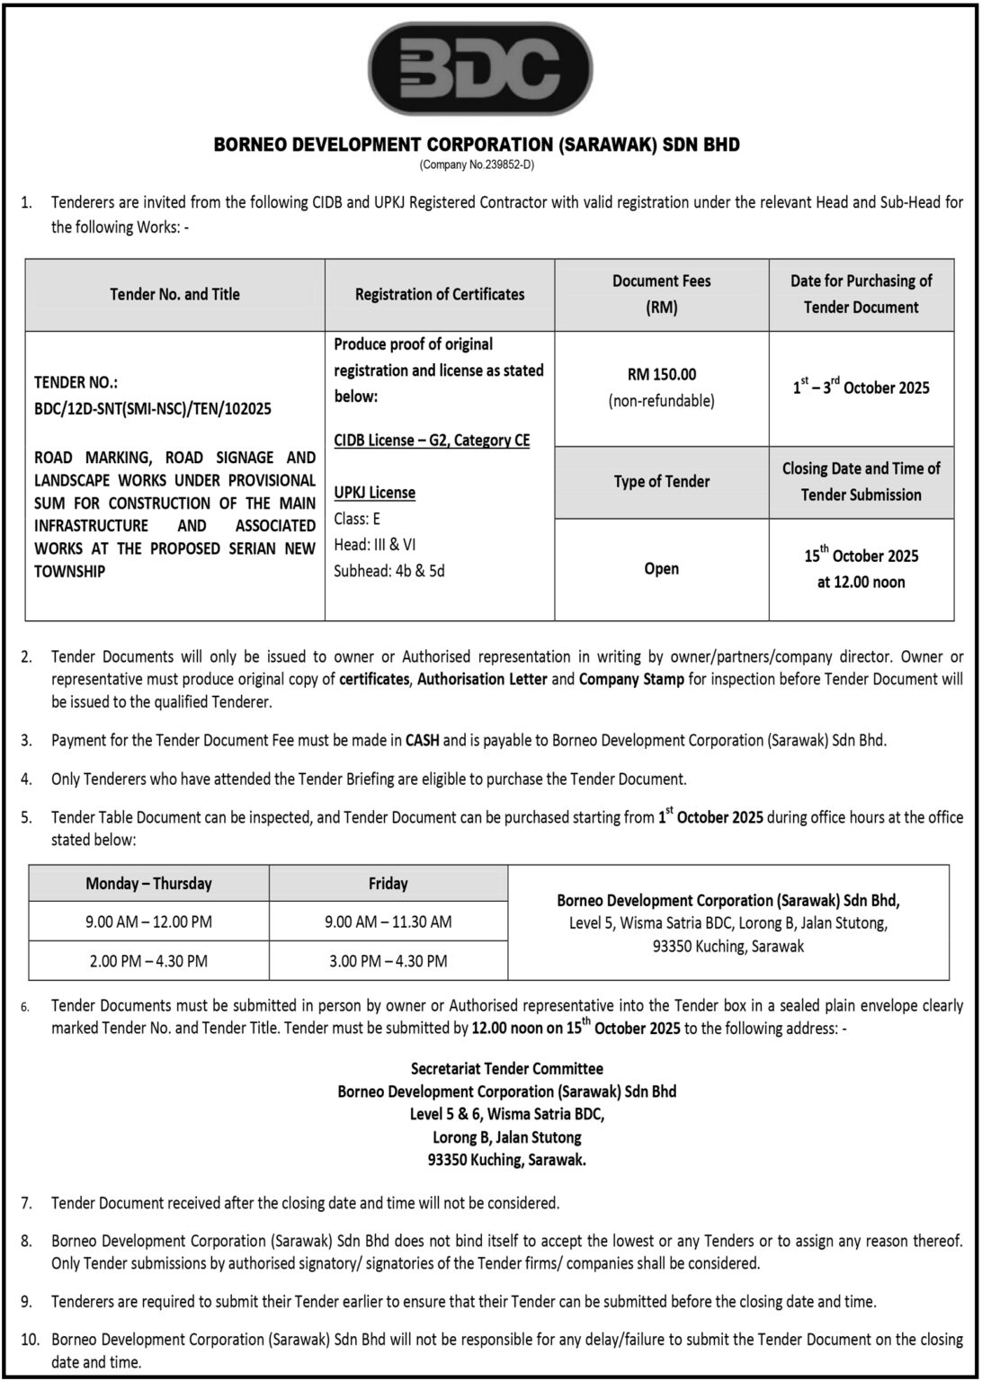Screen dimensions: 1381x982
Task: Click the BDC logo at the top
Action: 480,68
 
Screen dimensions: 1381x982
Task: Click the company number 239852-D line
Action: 477,165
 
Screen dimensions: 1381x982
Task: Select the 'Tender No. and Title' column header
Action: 174,294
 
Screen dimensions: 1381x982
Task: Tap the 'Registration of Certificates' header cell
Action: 440,294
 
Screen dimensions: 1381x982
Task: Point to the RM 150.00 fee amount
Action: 661,374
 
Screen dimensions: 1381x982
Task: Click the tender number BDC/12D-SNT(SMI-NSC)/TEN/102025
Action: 153,409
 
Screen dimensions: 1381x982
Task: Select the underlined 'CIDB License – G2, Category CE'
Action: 432,441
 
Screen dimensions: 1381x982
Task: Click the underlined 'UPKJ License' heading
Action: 375,493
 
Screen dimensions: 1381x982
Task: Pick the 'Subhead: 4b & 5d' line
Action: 389,570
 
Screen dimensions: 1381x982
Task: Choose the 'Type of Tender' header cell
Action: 662,482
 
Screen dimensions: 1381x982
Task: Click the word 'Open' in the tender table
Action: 662,569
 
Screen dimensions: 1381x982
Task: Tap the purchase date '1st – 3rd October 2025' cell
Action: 861,388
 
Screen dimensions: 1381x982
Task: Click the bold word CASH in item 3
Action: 423,741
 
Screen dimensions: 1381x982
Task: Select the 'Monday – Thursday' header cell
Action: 149,884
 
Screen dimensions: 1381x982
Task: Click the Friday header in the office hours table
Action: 388,884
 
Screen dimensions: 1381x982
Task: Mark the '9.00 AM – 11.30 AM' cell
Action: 388,922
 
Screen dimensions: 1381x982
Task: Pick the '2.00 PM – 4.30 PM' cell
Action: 148,960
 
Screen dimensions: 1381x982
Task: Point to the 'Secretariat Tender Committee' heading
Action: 507,1069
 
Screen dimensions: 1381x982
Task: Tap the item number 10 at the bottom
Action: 30,1340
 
